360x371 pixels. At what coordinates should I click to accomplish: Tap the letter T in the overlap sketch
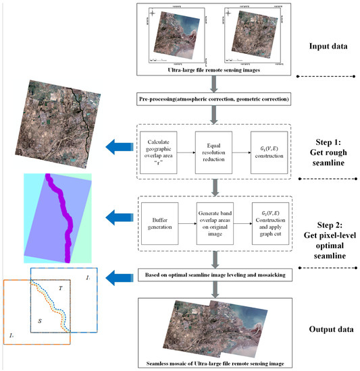61,287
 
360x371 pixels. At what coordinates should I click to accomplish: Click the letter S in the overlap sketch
40,322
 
